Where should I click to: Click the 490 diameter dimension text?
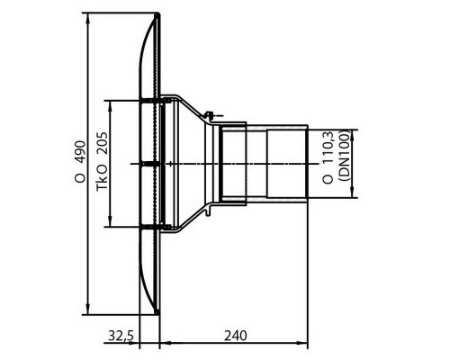point(80,162)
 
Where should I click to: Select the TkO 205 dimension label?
point(102,161)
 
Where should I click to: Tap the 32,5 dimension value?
point(121,336)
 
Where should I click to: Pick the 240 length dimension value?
point(236,336)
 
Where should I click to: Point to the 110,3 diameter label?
point(328,158)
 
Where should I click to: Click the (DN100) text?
point(345,155)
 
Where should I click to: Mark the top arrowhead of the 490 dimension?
point(88,19)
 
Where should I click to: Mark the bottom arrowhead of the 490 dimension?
point(88,309)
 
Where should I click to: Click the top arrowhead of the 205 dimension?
point(111,106)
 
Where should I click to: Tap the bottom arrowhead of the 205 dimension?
point(111,221)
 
